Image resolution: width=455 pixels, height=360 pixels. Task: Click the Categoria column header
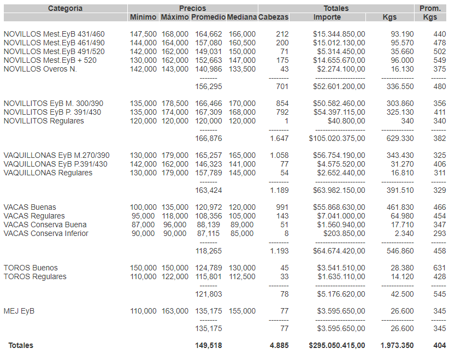(x=65, y=8)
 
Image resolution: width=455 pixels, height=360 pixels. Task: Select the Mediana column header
(x=241, y=17)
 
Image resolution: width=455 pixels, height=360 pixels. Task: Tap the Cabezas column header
(x=273, y=17)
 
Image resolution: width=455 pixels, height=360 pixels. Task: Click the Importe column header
(x=327, y=17)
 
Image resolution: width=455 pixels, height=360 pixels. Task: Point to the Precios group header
(x=192, y=8)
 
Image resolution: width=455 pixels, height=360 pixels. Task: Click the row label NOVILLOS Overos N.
(x=40, y=69)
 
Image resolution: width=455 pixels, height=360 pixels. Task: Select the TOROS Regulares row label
(x=35, y=276)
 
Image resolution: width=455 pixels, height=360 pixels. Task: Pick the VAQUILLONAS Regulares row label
(x=48, y=173)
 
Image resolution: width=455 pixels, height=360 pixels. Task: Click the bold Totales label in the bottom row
(x=20, y=345)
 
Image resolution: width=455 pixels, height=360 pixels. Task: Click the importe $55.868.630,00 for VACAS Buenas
(x=339, y=208)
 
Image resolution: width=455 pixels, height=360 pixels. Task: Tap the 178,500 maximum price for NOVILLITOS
(x=175, y=104)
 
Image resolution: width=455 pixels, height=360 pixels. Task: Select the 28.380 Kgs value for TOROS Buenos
(x=401, y=268)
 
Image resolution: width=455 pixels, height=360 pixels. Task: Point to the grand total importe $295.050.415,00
(x=336, y=345)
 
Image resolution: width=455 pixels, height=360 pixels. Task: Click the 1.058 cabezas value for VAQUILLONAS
(x=279, y=155)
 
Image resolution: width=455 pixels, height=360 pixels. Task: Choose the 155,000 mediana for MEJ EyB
(x=241, y=311)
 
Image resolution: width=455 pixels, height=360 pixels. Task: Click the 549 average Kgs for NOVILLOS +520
(x=439, y=60)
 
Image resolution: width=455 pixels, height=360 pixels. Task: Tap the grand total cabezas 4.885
(x=279, y=345)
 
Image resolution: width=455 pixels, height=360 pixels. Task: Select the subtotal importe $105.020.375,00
(x=337, y=139)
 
